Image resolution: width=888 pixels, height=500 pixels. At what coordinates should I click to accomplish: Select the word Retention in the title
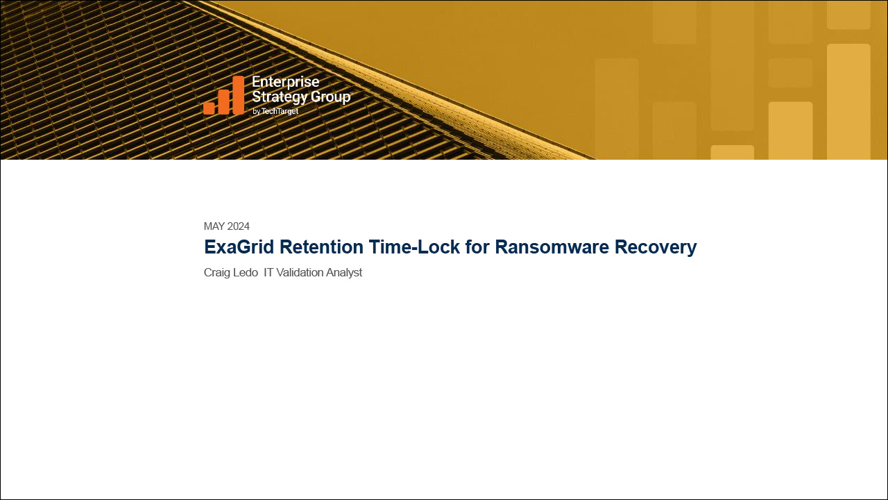[321, 247]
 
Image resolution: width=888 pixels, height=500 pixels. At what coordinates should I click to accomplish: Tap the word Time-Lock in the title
[414, 247]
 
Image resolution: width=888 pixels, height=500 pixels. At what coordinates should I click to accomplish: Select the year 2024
[239, 226]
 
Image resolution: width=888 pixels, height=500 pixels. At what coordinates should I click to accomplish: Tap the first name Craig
[216, 273]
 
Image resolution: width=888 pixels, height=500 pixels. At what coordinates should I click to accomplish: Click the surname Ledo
[245, 273]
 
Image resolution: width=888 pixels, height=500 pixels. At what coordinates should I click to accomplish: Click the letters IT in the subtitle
[268, 273]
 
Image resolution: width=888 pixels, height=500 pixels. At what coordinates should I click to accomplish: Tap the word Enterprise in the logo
[285, 82]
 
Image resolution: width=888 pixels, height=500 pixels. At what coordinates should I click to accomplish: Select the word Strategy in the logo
[280, 97]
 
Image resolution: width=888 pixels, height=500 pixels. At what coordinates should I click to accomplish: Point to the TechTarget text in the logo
[280, 112]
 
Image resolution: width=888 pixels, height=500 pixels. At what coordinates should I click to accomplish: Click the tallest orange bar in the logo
[238, 95]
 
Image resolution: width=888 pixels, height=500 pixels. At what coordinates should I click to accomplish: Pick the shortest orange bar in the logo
[209, 108]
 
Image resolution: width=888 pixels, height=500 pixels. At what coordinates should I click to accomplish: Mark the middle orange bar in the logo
[223, 102]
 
